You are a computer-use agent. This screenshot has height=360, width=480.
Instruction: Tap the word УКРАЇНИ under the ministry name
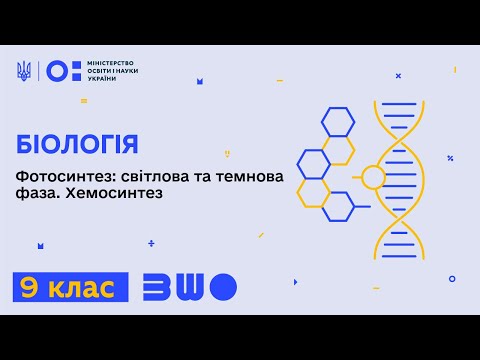101,79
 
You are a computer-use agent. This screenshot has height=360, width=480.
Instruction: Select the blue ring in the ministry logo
57,71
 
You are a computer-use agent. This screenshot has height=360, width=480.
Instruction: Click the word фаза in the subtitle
33,193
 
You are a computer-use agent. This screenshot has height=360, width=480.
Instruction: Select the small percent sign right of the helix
451,158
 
